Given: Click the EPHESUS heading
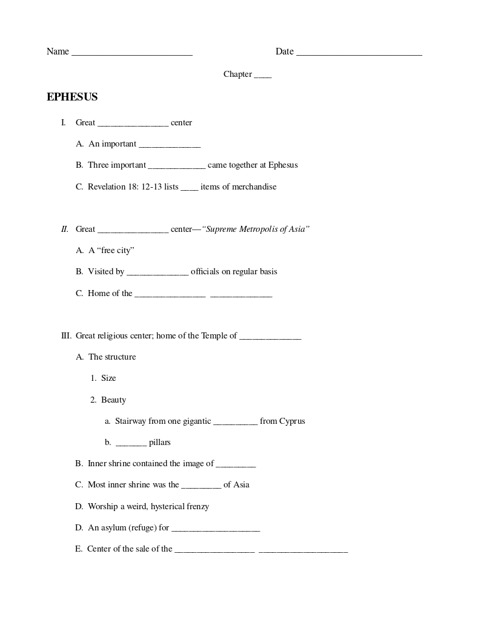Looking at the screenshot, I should tap(72, 97).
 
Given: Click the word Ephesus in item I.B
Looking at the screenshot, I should tap(283, 165).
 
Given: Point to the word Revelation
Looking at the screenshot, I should tap(105, 187).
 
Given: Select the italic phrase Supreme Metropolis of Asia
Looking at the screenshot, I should tap(256, 229).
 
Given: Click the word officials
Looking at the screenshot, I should tap(207, 272).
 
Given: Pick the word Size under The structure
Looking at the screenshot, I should tap(108, 378).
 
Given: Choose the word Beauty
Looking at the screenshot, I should tap(114, 400).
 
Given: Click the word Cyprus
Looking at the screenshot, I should tap(292, 421).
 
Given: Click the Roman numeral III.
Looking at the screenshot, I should tap(66, 336).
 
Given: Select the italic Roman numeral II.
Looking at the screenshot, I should tap(65, 229).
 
